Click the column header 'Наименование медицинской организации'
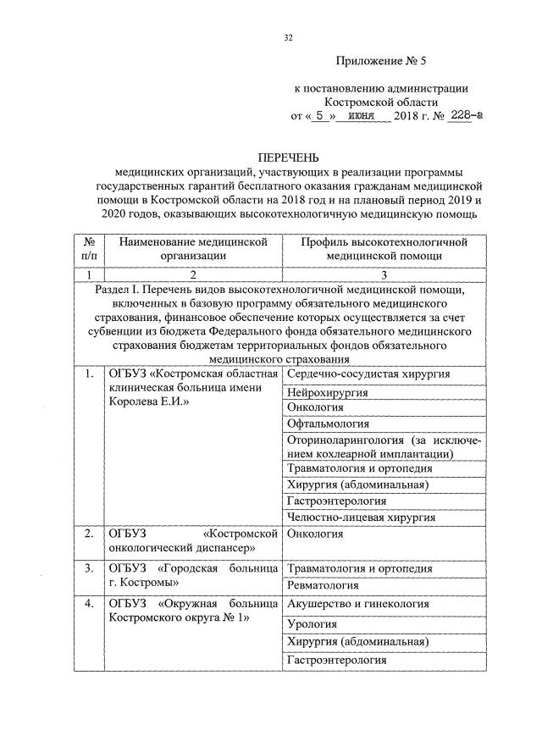[x=193, y=248]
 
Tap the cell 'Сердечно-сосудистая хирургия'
[x=368, y=373]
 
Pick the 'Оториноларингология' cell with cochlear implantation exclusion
[x=384, y=447]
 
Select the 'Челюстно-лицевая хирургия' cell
[x=362, y=516]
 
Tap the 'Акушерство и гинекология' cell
[x=358, y=604]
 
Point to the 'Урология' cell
[x=312, y=624]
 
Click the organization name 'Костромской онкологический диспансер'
[x=193, y=541]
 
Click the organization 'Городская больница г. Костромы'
[x=193, y=575]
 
